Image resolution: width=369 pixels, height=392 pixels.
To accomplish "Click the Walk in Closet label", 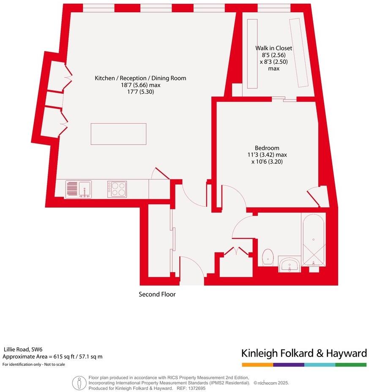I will [273, 48].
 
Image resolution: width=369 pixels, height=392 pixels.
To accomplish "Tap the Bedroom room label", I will [267, 148].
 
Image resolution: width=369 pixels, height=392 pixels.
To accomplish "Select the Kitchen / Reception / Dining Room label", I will [140, 78].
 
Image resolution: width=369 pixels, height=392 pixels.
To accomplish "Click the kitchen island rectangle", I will [118, 134].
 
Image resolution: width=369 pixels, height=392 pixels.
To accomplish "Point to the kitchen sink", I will [79, 189].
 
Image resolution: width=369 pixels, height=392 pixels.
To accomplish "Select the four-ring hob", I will [117, 189].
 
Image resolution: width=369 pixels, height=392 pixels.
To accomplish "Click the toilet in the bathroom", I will [268, 257].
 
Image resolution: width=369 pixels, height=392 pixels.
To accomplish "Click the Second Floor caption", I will [157, 295].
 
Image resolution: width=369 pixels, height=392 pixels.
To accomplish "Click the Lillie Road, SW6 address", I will [23, 349].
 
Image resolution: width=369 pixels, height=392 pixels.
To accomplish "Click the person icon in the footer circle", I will [79, 383].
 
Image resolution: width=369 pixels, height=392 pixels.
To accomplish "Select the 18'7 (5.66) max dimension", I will [140, 85].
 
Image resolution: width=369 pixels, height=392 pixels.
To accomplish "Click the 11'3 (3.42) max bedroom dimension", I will [267, 155].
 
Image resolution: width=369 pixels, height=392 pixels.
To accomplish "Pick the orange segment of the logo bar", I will [257, 365].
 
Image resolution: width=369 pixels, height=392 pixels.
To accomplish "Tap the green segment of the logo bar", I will [351, 365].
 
